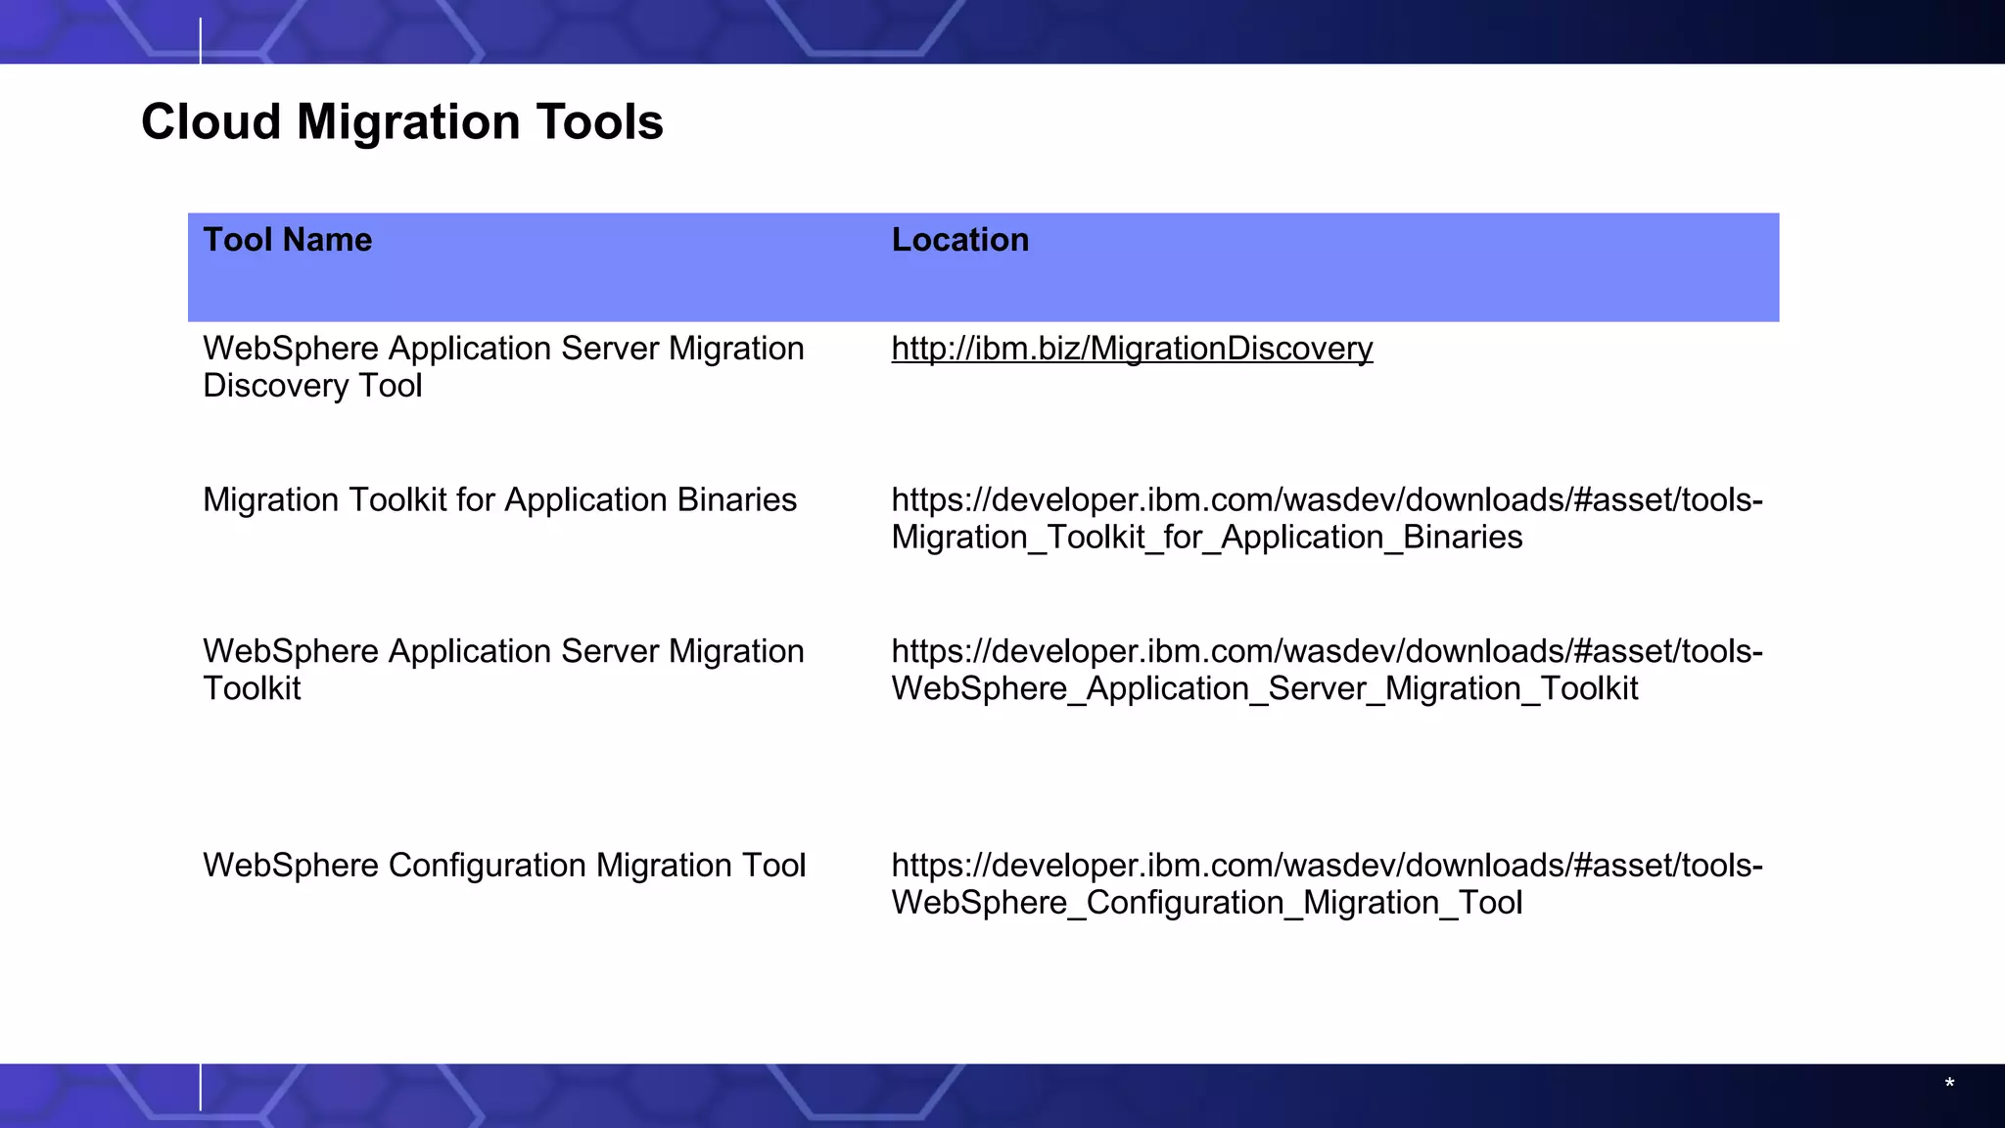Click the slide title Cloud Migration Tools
(401, 122)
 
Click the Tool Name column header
(287, 240)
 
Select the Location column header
(959, 240)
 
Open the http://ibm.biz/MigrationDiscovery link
(1132, 349)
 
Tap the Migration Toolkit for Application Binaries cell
(499, 500)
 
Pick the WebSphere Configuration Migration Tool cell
(504, 866)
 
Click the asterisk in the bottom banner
(1949, 1084)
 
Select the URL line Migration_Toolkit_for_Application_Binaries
(1206, 538)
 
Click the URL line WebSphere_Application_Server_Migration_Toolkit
(1264, 689)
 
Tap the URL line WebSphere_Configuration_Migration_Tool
(1206, 903)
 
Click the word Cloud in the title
(210, 122)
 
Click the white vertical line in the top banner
(201, 40)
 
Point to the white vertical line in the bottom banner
(201, 1087)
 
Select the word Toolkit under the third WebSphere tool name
(252, 689)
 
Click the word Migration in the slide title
(408, 122)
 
